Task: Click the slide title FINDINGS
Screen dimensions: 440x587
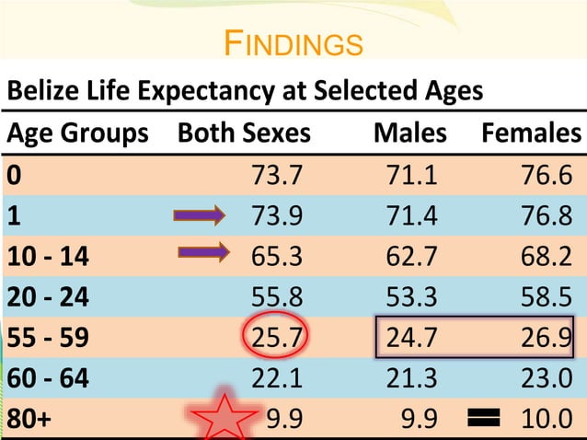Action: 293,43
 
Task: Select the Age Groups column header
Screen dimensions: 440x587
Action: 77,134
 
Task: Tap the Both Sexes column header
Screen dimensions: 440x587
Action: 244,134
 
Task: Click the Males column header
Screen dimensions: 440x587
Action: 409,134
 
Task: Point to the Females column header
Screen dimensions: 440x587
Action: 532,134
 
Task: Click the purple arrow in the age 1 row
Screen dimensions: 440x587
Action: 200,216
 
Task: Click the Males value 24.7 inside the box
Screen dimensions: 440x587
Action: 411,335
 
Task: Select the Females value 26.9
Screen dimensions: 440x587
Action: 546,335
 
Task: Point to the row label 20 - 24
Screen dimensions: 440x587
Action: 47,295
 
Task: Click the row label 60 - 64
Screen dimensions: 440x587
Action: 47,376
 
